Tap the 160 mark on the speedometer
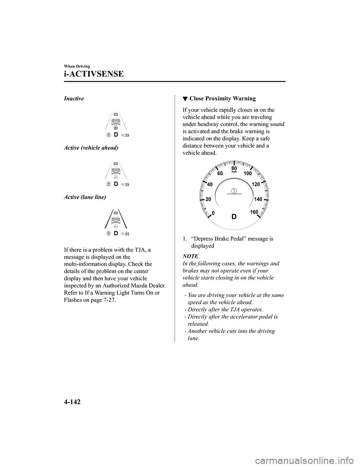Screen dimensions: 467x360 point(254,212)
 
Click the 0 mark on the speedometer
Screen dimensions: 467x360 point(213,213)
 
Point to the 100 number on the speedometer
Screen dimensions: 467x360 point(247,174)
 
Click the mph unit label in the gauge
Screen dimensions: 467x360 point(234,172)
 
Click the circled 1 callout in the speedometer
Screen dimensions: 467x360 point(234,191)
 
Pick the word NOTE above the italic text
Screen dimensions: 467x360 point(190,256)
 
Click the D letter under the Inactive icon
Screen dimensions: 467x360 point(116,134)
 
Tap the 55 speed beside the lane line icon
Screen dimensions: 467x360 point(127,234)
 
